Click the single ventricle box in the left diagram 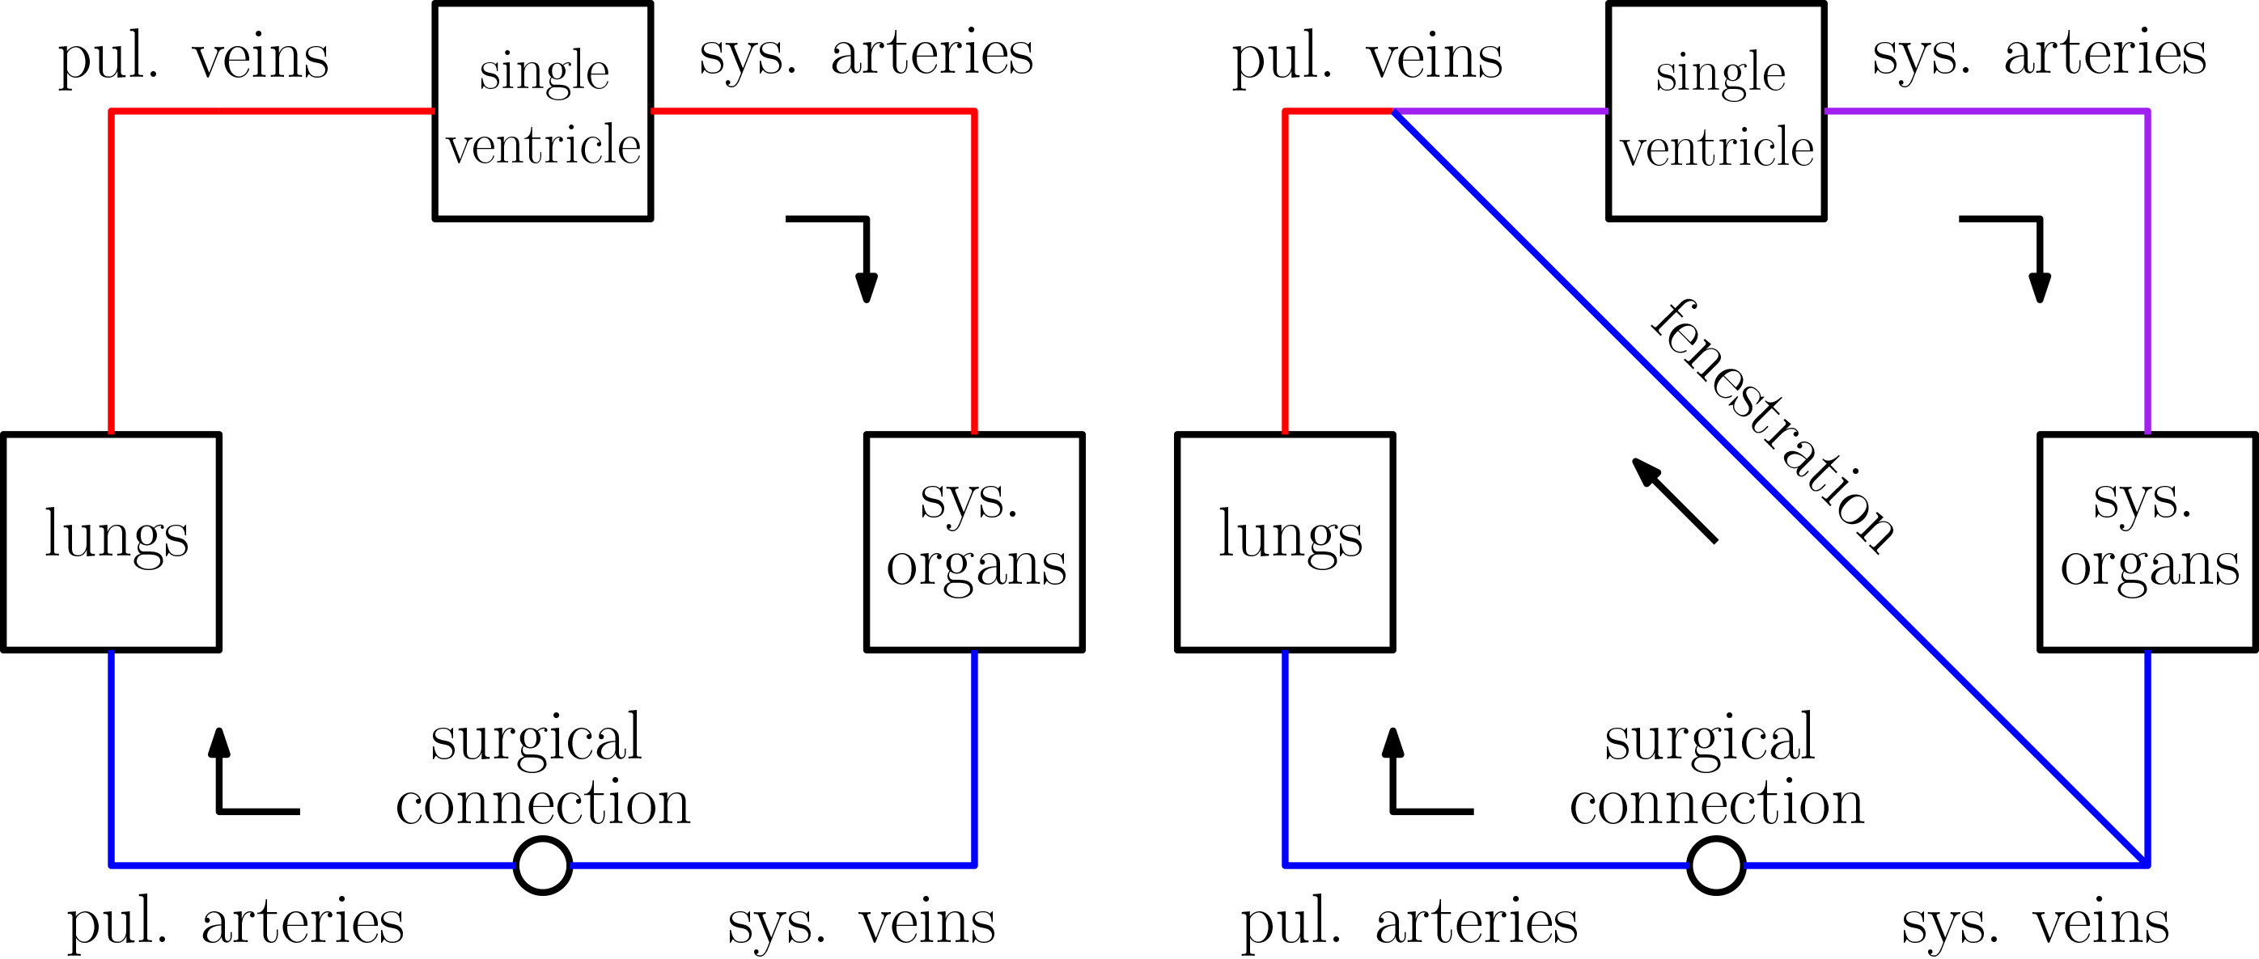pyautogui.click(x=543, y=111)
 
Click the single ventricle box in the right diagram pyautogui.click(x=1716, y=111)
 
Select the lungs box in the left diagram pyautogui.click(x=112, y=542)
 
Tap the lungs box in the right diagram pyautogui.click(x=1285, y=542)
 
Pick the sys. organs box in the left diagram pyautogui.click(x=974, y=542)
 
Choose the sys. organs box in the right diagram pyautogui.click(x=2147, y=542)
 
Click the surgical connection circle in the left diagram pyautogui.click(x=543, y=865)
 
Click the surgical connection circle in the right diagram pyautogui.click(x=1716, y=865)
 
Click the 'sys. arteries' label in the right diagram pyautogui.click(x=2039, y=54)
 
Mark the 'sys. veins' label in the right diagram pyautogui.click(x=2035, y=923)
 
